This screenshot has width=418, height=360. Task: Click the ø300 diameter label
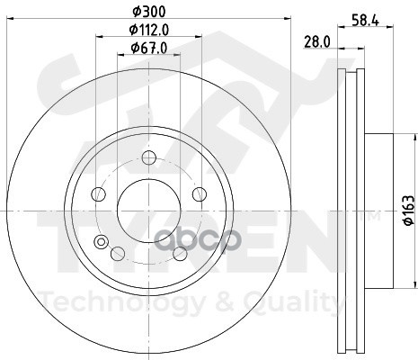click(x=149, y=12)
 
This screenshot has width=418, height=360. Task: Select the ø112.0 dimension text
click(x=149, y=30)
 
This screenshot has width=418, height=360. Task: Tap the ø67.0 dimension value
click(x=149, y=48)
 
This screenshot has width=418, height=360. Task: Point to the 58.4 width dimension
click(x=365, y=21)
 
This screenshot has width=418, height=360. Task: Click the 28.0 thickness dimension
click(x=317, y=42)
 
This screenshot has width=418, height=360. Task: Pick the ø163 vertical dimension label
click(x=409, y=210)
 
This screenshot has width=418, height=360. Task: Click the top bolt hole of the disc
click(x=149, y=157)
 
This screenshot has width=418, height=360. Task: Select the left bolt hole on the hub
click(x=98, y=194)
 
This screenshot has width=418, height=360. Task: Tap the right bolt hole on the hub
click(x=200, y=194)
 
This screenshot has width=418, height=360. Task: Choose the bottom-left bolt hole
click(x=118, y=254)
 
